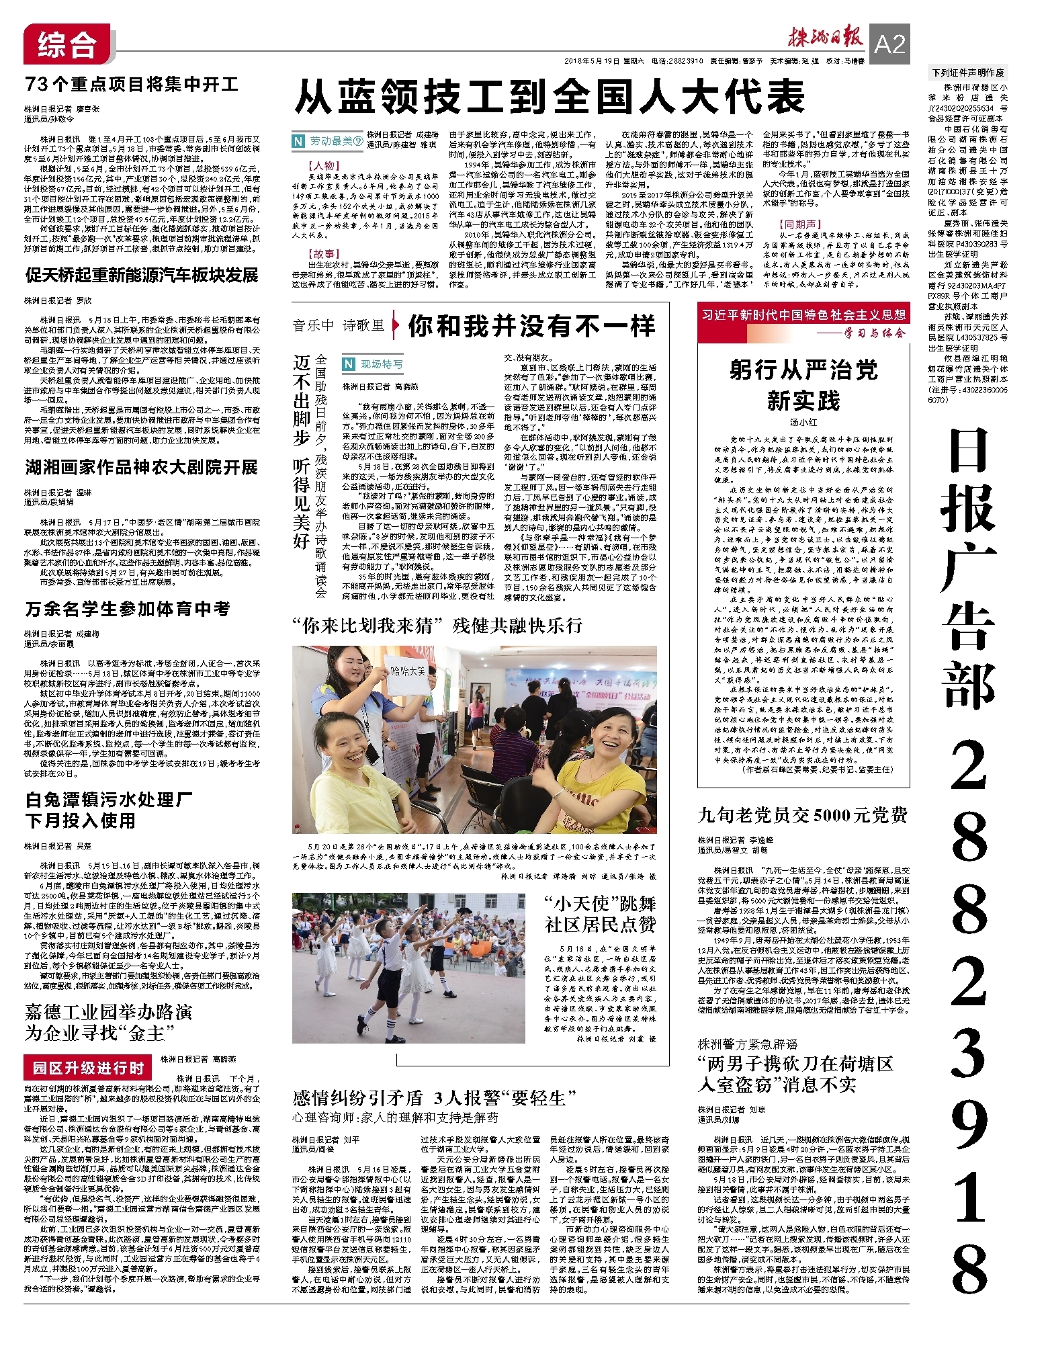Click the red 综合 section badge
tap(67, 44)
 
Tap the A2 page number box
tap(889, 44)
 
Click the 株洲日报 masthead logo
tap(826, 38)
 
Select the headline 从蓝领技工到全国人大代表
tap(550, 97)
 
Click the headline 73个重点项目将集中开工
tap(132, 85)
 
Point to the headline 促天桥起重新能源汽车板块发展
tap(142, 275)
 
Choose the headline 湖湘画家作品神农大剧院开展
tap(142, 467)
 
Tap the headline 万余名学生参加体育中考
tap(128, 609)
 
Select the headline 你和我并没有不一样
tap(531, 326)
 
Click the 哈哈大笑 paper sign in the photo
tap(407, 671)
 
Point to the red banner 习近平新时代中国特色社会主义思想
tap(803, 315)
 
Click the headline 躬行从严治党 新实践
tap(803, 384)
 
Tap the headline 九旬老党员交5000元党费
tap(803, 815)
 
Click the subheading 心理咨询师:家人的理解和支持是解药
tap(395, 1117)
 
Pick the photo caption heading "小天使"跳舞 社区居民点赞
tap(600, 914)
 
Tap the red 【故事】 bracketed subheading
tap(324, 254)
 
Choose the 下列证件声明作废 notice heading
tap(967, 72)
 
